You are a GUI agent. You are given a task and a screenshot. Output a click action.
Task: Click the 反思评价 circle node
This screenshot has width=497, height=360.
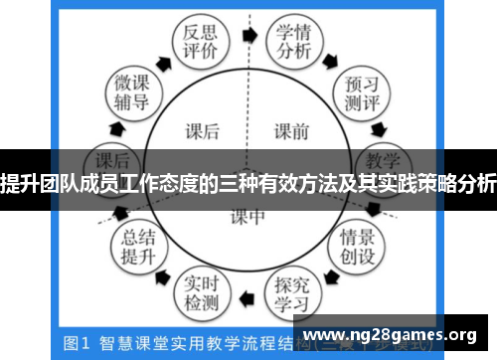coord(194,41)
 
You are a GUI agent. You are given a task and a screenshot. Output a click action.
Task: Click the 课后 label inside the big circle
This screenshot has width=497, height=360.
coord(203,129)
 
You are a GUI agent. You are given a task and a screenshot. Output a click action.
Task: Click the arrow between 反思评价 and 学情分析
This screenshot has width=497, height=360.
coord(248,32)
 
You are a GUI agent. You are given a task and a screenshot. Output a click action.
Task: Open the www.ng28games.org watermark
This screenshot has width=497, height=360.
coord(394,334)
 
